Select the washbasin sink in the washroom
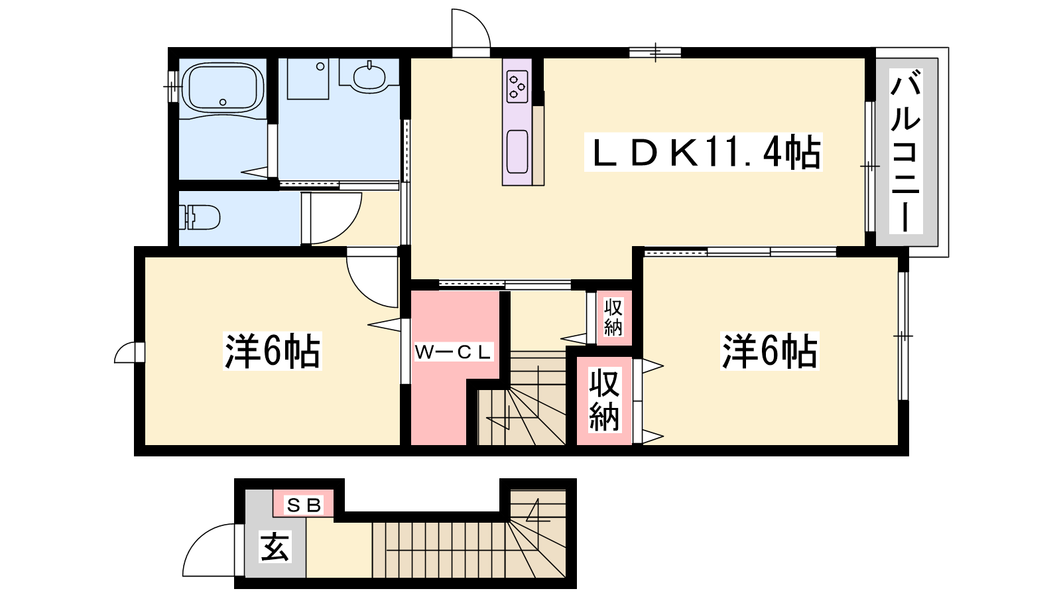pyautogui.click(x=369, y=78)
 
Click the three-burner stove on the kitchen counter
pyautogui.click(x=517, y=87)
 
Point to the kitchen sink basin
pyautogui.click(x=517, y=152)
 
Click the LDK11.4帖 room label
pyautogui.click(x=704, y=152)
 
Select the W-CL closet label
pyautogui.click(x=454, y=352)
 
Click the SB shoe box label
pyautogui.click(x=304, y=505)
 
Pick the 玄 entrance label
pyautogui.click(x=275, y=547)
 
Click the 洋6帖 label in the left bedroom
pyautogui.click(x=273, y=351)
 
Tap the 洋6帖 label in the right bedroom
pyautogui.click(x=770, y=352)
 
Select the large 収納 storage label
pyautogui.click(x=604, y=401)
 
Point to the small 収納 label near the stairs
pyautogui.click(x=613, y=318)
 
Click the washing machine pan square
pyautogui.click(x=308, y=79)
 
